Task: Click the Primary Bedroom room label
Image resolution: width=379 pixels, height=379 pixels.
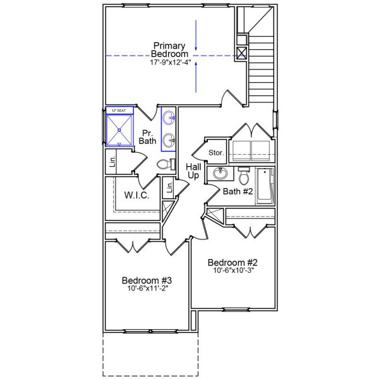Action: [169, 50]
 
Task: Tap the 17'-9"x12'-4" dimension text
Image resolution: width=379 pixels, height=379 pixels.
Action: [169, 64]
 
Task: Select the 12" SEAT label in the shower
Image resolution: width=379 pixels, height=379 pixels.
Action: [119, 111]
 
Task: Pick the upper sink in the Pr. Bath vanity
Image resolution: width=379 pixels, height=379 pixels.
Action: [170, 117]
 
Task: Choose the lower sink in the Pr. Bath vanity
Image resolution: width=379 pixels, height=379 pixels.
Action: [169, 140]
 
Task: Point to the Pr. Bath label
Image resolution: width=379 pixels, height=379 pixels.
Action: [148, 136]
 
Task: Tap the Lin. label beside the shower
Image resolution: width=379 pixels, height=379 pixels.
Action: [112, 161]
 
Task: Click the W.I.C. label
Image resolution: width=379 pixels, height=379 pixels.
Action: [136, 196]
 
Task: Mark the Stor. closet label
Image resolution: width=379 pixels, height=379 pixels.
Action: [216, 152]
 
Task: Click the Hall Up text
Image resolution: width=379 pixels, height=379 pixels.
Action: [193, 171]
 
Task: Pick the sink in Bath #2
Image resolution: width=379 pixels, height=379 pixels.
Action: [221, 174]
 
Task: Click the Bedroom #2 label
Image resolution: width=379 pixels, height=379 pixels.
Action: [233, 262]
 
